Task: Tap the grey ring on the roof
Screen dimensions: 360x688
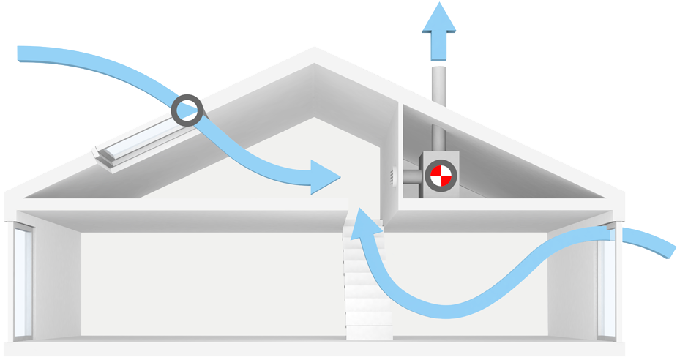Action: tap(188, 110)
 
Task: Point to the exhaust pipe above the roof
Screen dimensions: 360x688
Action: tap(439, 84)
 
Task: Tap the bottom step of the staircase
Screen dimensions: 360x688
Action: tap(369, 332)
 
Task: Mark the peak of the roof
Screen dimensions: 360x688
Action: tap(315, 50)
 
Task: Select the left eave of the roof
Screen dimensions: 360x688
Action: tap(10, 198)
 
